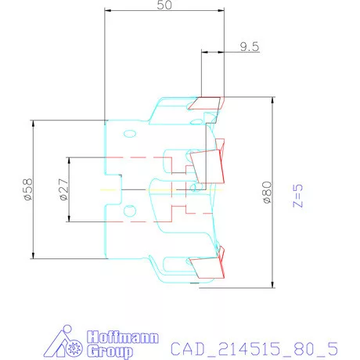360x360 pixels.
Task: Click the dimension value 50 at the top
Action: click(x=164, y=5)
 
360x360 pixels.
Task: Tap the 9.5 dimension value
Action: click(x=250, y=47)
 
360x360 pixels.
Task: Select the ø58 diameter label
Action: click(x=28, y=189)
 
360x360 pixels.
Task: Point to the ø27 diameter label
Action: click(x=63, y=189)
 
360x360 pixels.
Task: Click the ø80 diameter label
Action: click(x=267, y=193)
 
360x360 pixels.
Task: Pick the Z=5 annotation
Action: click(x=297, y=196)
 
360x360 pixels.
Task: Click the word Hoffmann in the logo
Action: click(x=123, y=337)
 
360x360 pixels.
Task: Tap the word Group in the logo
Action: click(x=110, y=351)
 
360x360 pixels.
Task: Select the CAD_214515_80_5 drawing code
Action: click(x=254, y=349)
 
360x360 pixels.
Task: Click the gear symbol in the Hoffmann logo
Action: click(x=74, y=348)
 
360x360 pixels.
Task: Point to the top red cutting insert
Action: click(x=207, y=103)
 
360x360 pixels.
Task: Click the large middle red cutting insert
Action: click(x=207, y=166)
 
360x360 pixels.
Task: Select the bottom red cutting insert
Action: click(x=207, y=268)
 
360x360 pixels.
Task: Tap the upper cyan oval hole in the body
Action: click(x=130, y=134)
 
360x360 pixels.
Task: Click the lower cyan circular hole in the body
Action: click(x=130, y=211)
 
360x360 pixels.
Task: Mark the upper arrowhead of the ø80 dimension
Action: click(x=272, y=100)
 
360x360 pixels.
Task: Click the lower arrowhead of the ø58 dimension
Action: click(x=33, y=255)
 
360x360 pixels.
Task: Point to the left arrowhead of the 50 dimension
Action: click(x=108, y=10)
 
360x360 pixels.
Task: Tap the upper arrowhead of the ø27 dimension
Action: click(x=69, y=161)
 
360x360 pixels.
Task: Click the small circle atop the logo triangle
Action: click(x=67, y=329)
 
